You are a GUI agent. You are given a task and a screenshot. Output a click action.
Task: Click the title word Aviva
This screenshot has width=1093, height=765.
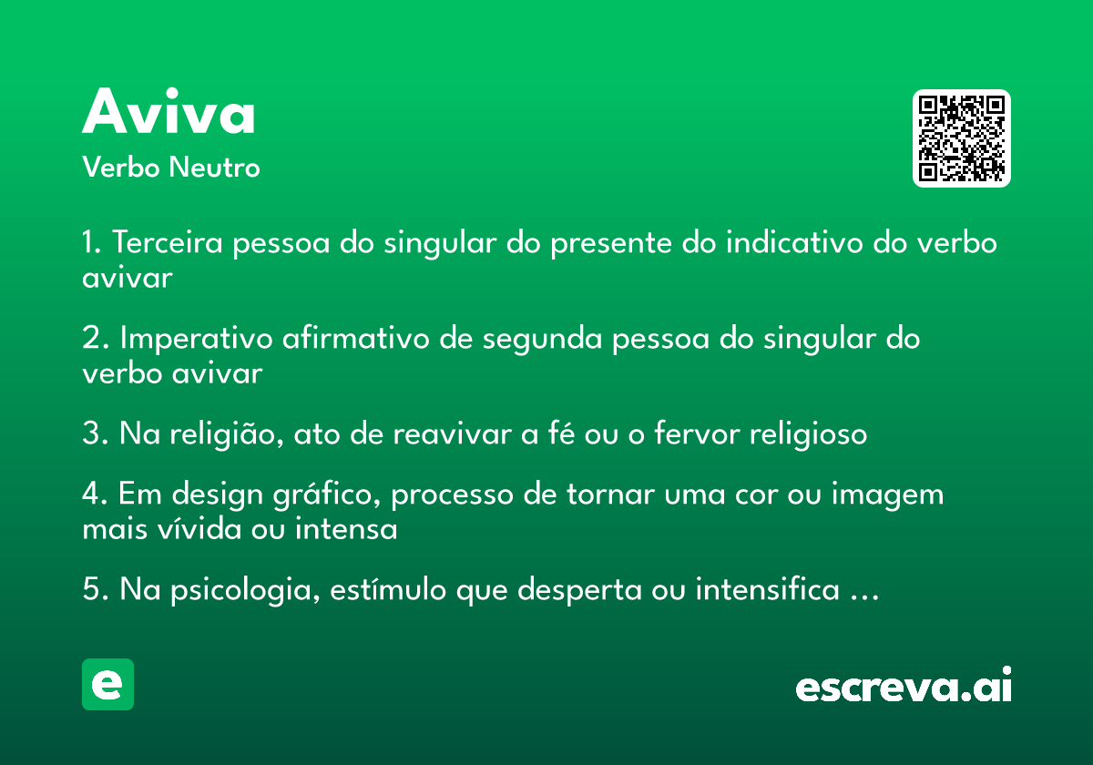(169, 111)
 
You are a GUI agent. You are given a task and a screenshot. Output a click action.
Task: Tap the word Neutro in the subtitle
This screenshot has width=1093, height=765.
(214, 167)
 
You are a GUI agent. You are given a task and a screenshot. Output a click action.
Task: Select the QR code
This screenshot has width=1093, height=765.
(961, 138)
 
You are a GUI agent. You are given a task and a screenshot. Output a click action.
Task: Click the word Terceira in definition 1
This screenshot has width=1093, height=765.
(168, 242)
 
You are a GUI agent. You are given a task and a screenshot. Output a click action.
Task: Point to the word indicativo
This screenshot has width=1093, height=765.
(794, 242)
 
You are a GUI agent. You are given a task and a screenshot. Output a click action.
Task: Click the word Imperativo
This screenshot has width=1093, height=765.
(196, 339)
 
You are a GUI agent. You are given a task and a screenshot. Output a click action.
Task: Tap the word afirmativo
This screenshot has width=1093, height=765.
(356, 338)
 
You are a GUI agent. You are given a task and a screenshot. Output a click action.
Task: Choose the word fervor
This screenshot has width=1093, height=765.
(697, 433)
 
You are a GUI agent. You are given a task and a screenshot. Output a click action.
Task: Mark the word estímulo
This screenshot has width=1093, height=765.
(388, 588)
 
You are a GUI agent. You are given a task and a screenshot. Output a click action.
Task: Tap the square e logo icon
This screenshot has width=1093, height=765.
(107, 684)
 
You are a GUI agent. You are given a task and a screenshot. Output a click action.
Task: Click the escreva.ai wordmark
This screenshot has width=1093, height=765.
(904, 685)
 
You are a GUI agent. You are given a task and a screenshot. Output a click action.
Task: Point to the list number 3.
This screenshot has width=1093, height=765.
(91, 433)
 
